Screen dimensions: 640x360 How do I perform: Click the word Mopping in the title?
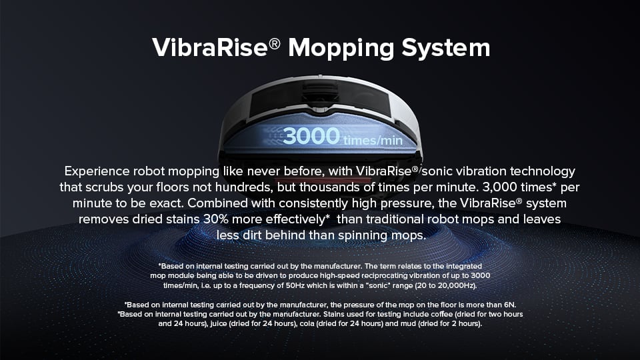click(341, 49)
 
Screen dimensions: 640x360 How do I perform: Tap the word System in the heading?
click(446, 48)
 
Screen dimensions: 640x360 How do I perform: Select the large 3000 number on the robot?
click(311, 135)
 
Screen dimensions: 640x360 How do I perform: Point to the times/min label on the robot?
click(373, 141)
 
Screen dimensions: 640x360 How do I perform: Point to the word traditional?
click(395, 219)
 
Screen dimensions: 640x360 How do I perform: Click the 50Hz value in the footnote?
click(295, 286)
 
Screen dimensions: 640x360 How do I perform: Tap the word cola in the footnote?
click(307, 324)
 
